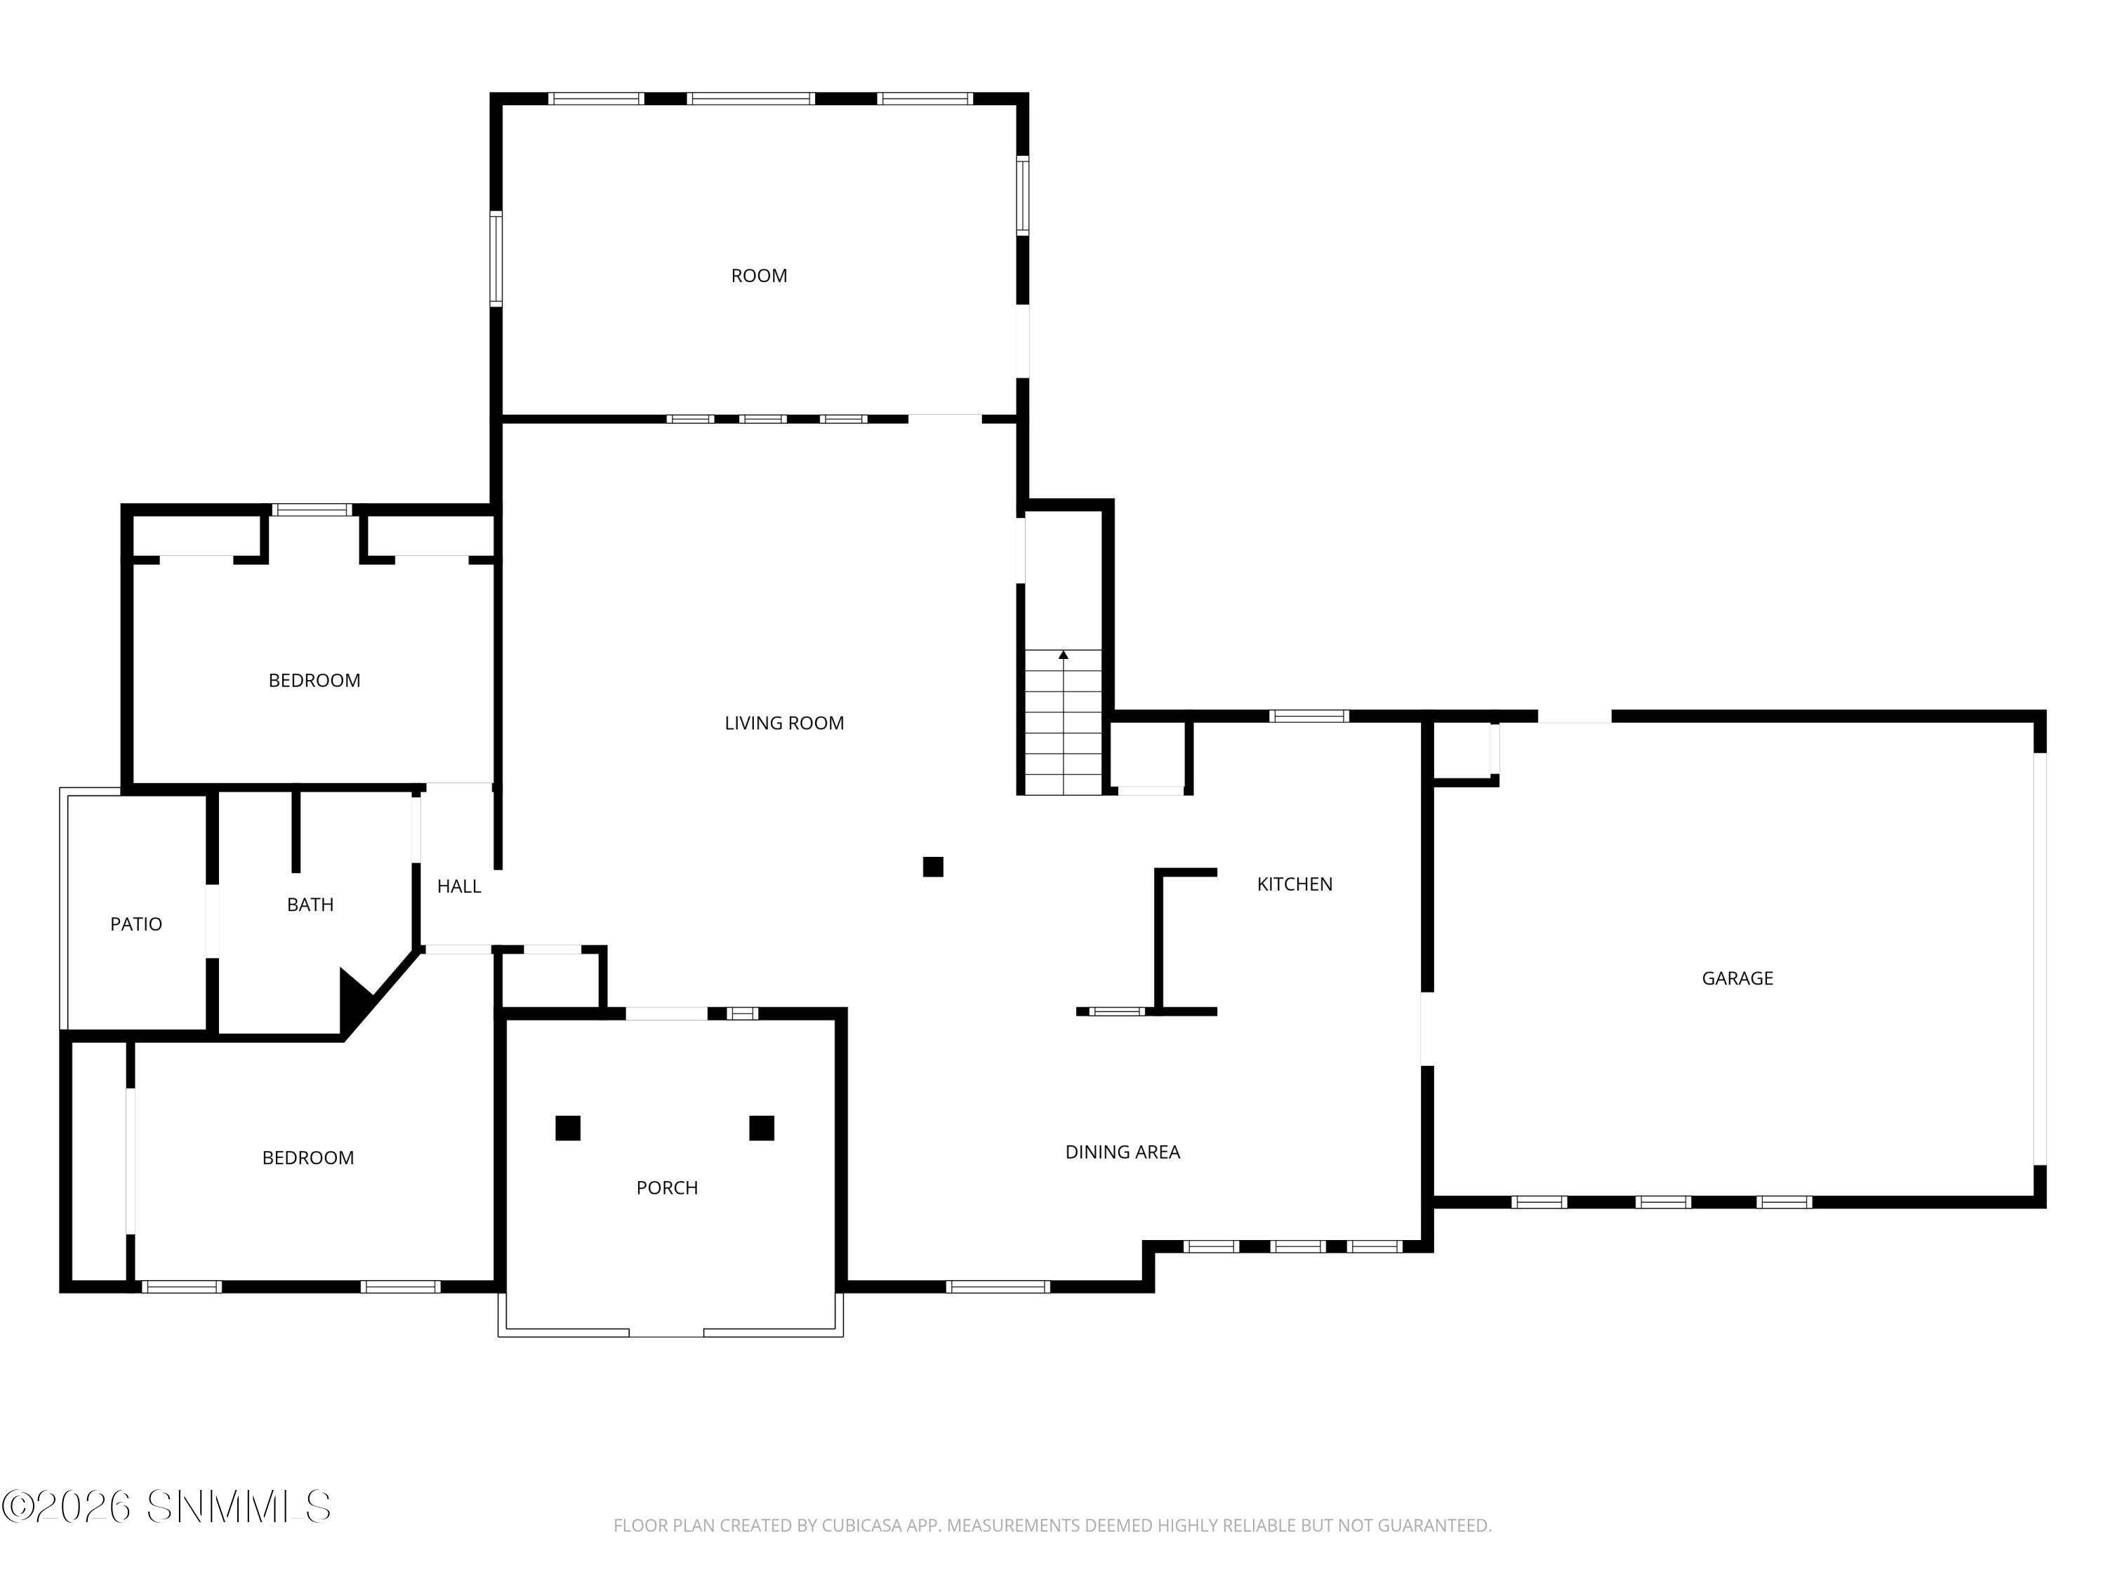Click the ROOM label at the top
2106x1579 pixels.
pyautogui.click(x=759, y=276)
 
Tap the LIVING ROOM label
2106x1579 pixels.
pyautogui.click(x=783, y=724)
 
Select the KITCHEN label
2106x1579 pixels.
pyautogui.click(x=1294, y=884)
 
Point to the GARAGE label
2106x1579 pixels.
pyautogui.click(x=1737, y=978)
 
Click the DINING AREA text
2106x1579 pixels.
pyautogui.click(x=1122, y=1152)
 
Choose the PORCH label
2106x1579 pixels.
pyautogui.click(x=666, y=1188)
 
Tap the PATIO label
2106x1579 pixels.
pyautogui.click(x=136, y=924)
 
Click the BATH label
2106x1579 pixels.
pyautogui.click(x=310, y=905)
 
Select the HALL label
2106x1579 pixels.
pyautogui.click(x=459, y=887)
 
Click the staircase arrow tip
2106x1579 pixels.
pyautogui.click(x=1064, y=655)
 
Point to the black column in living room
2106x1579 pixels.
pyautogui.click(x=933, y=867)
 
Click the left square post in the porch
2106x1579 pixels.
pyautogui.click(x=567, y=1128)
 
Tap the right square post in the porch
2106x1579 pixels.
pyautogui.click(x=761, y=1128)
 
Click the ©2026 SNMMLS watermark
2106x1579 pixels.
pyautogui.click(x=166, y=1507)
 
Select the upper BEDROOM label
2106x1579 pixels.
pyautogui.click(x=314, y=681)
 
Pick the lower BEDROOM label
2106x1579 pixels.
pyautogui.click(x=307, y=1159)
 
